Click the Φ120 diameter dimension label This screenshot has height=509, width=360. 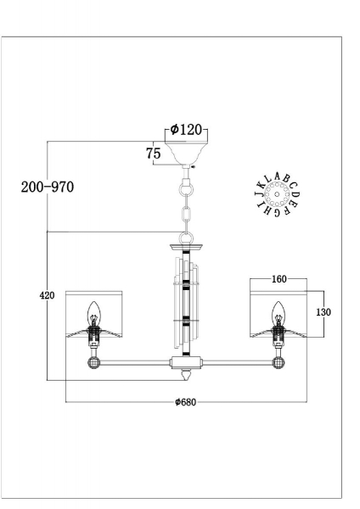pos(186,130)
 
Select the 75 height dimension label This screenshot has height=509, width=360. pos(154,154)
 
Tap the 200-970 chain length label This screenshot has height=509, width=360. pos(48,187)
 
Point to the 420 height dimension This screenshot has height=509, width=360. pos(47,295)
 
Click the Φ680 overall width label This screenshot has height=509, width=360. pos(186,402)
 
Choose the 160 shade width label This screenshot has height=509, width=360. pos(279,279)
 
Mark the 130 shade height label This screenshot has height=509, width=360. pos(323,312)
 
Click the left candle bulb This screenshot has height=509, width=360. pos(94,314)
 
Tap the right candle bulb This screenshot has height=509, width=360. pos(278,314)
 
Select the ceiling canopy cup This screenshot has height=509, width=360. pos(186,153)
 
